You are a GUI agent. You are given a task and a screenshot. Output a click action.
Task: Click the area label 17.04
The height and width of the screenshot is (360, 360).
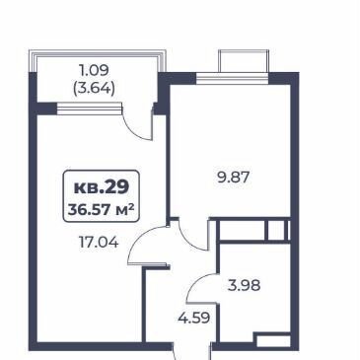(99, 243)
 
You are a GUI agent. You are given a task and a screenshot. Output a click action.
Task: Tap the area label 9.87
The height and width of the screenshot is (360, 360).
(234, 178)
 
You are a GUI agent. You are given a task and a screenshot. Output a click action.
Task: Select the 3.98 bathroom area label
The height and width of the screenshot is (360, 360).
(244, 285)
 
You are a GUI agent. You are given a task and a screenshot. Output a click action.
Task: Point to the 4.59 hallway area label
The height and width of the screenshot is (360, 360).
(194, 318)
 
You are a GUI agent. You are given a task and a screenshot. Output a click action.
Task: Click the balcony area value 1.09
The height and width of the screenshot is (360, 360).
(94, 70)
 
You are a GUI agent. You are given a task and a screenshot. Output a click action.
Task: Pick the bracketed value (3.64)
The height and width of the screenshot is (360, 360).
(94, 89)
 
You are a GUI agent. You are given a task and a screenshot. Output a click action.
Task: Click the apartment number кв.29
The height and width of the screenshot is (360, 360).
(102, 187)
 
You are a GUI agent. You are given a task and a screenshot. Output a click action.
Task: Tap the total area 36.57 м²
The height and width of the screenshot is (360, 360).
(102, 209)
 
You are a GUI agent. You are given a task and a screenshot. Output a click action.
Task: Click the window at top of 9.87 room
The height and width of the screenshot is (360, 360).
(232, 78)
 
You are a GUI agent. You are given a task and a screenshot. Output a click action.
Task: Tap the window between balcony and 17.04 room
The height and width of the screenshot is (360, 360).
(90, 108)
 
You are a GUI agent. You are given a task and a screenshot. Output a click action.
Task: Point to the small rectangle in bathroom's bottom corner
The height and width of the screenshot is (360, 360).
(273, 341)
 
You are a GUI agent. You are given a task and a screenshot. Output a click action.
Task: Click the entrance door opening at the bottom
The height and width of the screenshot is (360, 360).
(192, 351)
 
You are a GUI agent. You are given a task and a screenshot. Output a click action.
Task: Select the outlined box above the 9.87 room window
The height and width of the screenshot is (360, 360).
(244, 61)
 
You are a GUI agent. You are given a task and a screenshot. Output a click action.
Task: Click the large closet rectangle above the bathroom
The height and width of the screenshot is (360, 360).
(242, 231)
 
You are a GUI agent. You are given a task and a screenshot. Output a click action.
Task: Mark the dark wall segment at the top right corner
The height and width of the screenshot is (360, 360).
(284, 78)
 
